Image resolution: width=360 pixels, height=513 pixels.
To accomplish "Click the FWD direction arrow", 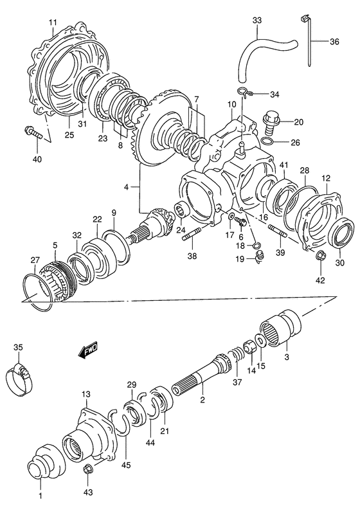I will coord(85,351).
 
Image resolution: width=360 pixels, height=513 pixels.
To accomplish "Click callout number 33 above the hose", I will coord(257,21).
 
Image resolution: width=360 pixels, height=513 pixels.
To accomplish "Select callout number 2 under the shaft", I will coord(203,401).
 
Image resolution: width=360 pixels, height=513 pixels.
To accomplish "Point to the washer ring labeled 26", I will coord(269,141).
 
